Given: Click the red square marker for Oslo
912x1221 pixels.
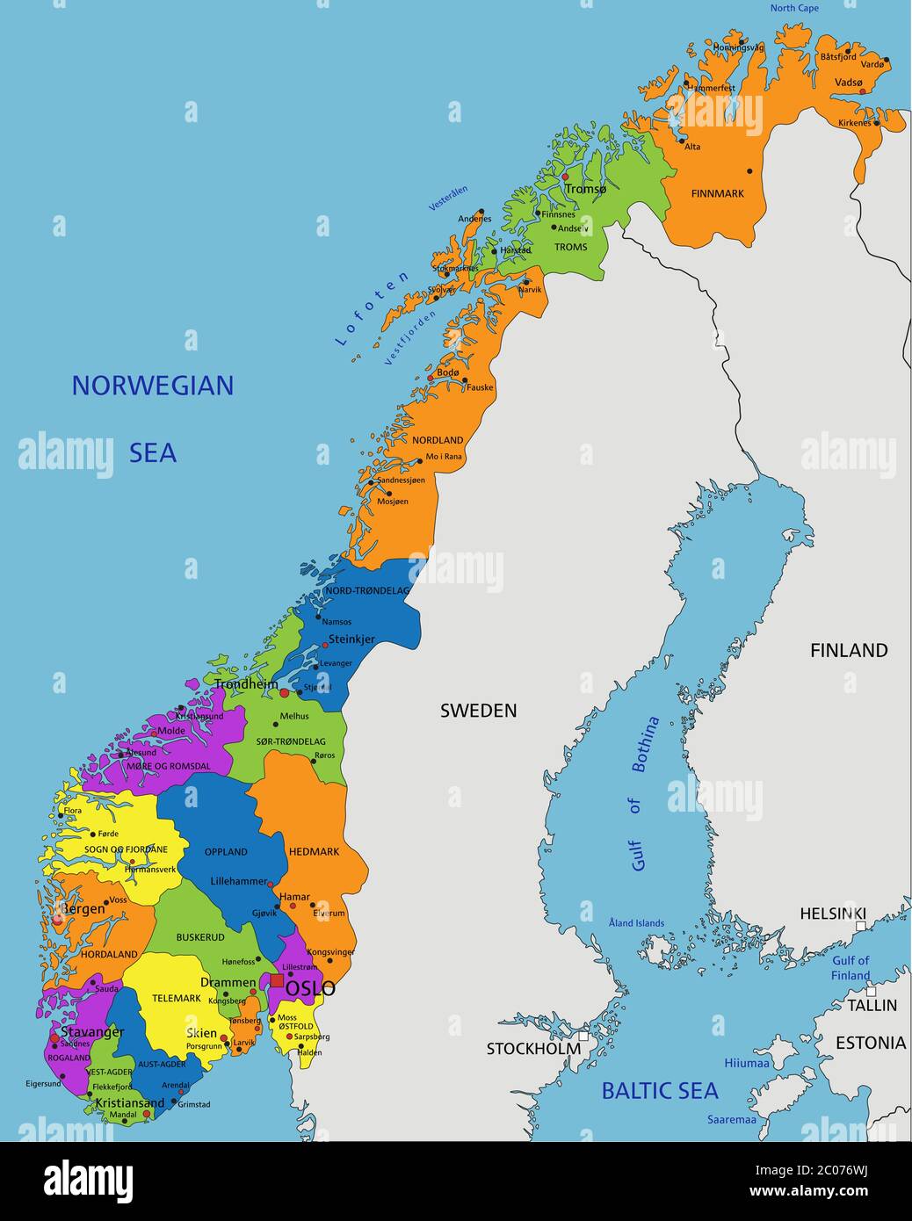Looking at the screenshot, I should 277,980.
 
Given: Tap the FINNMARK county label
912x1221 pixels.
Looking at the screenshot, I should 717,193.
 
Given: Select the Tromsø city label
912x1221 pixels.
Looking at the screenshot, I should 585,189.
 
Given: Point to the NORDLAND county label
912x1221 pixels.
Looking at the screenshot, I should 438,440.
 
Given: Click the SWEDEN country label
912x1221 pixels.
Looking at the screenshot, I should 478,711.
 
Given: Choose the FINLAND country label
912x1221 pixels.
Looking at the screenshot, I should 848,650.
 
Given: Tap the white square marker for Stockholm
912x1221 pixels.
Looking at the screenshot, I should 583,1036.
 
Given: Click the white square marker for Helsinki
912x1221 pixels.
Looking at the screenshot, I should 861,926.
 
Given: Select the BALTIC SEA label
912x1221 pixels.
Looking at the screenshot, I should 659,1091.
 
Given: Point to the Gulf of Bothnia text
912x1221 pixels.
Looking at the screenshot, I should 645,793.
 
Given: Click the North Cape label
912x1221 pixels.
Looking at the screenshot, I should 793,9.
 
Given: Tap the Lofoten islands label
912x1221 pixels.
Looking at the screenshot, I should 373,308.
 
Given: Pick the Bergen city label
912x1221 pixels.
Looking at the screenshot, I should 81,908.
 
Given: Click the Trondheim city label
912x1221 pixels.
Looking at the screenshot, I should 246,683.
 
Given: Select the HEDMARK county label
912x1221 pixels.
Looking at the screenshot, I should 314,852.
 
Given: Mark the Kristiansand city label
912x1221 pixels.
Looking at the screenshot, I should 129,1103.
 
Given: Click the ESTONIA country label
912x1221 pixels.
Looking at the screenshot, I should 870,1043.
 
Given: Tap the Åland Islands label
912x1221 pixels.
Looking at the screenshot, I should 636,923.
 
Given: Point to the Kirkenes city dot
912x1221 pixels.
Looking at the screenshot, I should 876,123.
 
